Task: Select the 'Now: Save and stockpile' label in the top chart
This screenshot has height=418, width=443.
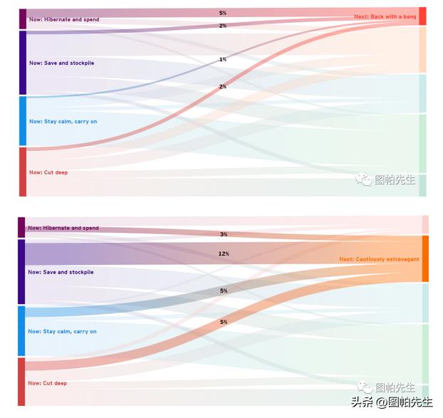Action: [x=61, y=63]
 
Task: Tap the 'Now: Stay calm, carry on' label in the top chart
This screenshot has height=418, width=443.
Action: [x=63, y=122]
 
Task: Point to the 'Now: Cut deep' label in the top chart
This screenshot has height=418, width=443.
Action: [x=48, y=172]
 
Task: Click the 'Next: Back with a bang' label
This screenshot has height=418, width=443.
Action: [x=385, y=16]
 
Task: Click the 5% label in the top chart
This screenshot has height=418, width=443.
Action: [x=223, y=13]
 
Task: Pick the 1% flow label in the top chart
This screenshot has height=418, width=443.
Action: [x=223, y=60]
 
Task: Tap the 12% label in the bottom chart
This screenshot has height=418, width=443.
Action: [x=224, y=254]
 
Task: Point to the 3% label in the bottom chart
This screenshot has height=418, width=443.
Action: [x=224, y=234]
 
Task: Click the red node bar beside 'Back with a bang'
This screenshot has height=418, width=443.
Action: [x=422, y=16]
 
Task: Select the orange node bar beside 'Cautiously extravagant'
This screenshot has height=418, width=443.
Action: [x=425, y=259]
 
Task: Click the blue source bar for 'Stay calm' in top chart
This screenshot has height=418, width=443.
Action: [x=23, y=122]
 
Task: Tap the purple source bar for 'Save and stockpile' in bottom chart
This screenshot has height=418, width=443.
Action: [x=21, y=272]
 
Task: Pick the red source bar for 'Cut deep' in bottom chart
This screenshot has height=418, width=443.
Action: [x=21, y=382]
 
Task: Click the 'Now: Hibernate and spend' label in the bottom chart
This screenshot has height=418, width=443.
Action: [x=63, y=229]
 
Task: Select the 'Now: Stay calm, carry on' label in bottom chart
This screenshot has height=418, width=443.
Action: [x=62, y=332]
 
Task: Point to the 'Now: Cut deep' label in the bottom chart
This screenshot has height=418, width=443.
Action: [x=47, y=384]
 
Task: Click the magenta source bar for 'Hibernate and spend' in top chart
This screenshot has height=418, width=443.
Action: [x=23, y=19]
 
